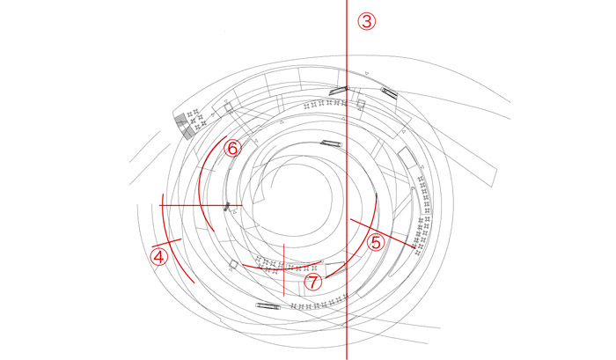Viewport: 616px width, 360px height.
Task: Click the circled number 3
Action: (367, 21)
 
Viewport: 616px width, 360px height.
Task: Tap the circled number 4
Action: (158, 258)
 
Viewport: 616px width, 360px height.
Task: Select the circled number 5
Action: (376, 242)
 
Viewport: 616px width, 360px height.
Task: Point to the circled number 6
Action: (232, 149)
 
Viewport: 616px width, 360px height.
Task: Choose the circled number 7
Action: (313, 282)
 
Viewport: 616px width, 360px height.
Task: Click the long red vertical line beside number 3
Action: (347, 180)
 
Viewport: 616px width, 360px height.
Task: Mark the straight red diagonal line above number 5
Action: (382, 233)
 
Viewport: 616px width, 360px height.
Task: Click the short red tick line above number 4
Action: (166, 242)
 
